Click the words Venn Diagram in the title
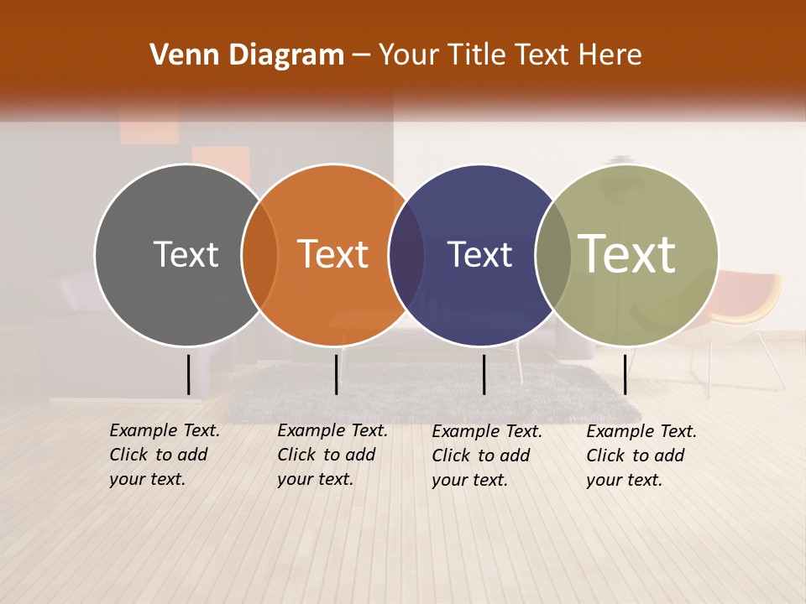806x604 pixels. [247, 55]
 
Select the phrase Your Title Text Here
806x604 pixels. [510, 55]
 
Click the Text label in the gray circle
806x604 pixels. [186, 254]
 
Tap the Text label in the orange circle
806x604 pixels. [333, 254]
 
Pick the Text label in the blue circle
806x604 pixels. [479, 254]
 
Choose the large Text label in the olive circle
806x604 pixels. [627, 253]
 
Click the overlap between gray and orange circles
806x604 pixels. [259, 255]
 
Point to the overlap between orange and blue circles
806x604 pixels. [406, 255]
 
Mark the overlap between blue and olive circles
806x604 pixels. [553, 255]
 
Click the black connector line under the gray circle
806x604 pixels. [189, 374]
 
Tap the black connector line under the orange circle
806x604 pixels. [336, 374]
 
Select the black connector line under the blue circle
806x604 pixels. [484, 374]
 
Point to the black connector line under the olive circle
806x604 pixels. [625, 374]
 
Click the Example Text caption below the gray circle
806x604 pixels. [165, 455]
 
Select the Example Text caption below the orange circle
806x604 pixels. [332, 455]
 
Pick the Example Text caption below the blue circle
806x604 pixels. [487, 456]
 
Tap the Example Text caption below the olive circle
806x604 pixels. [641, 456]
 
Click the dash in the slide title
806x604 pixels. [361, 56]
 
